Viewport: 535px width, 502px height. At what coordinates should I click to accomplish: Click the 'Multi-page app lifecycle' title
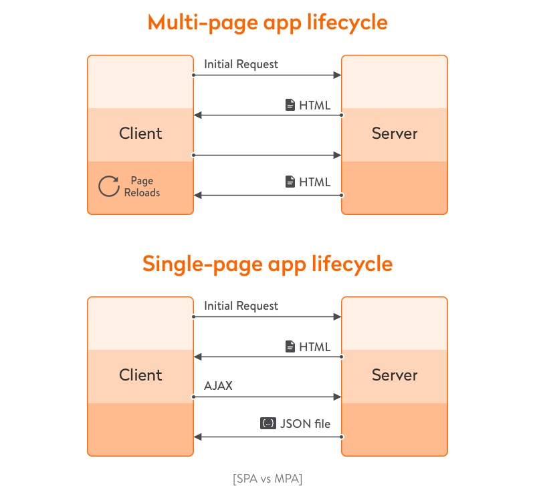click(x=267, y=22)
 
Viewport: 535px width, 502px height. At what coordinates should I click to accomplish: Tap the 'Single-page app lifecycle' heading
click(x=267, y=264)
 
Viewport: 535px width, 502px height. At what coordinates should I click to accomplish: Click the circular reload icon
click(x=108, y=186)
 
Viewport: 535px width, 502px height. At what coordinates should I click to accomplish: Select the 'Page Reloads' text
click(x=142, y=186)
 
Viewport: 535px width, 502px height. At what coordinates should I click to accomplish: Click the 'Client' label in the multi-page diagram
click(x=140, y=134)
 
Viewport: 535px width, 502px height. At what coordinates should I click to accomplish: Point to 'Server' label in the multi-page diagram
click(x=395, y=134)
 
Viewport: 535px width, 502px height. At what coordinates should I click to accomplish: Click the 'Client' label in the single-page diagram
click(x=140, y=375)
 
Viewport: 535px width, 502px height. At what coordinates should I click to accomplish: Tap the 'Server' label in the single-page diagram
click(x=395, y=375)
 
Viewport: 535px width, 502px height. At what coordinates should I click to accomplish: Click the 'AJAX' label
click(x=218, y=386)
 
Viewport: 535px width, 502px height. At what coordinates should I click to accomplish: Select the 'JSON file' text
click(x=306, y=423)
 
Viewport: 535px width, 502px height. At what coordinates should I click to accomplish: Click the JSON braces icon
click(x=267, y=423)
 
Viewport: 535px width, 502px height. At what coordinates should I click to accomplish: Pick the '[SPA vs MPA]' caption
click(x=267, y=479)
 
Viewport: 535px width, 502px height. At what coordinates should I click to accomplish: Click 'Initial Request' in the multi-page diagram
click(x=241, y=64)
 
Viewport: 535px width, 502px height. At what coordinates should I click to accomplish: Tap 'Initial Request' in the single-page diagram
click(x=241, y=306)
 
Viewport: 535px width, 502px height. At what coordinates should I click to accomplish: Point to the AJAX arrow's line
click(x=267, y=397)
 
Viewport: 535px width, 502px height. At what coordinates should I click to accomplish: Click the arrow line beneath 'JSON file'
click(x=267, y=437)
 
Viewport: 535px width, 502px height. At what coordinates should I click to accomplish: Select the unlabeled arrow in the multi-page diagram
click(x=267, y=155)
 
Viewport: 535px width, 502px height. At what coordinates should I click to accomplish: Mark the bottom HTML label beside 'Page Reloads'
click(x=314, y=182)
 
